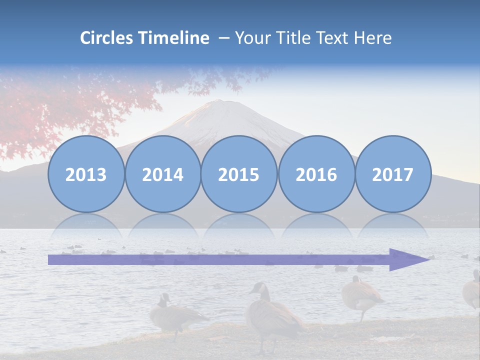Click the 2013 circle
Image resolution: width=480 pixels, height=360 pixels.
pyautogui.click(x=86, y=174)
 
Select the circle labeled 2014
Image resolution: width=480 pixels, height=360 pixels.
pyautogui.click(x=163, y=174)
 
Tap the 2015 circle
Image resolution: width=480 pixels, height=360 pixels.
pyautogui.click(x=239, y=174)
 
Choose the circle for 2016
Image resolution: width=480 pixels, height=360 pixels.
pyautogui.click(x=316, y=174)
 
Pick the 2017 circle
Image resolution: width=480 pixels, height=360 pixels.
pyautogui.click(x=393, y=174)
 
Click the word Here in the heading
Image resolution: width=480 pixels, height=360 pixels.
pyautogui.click(x=372, y=38)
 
